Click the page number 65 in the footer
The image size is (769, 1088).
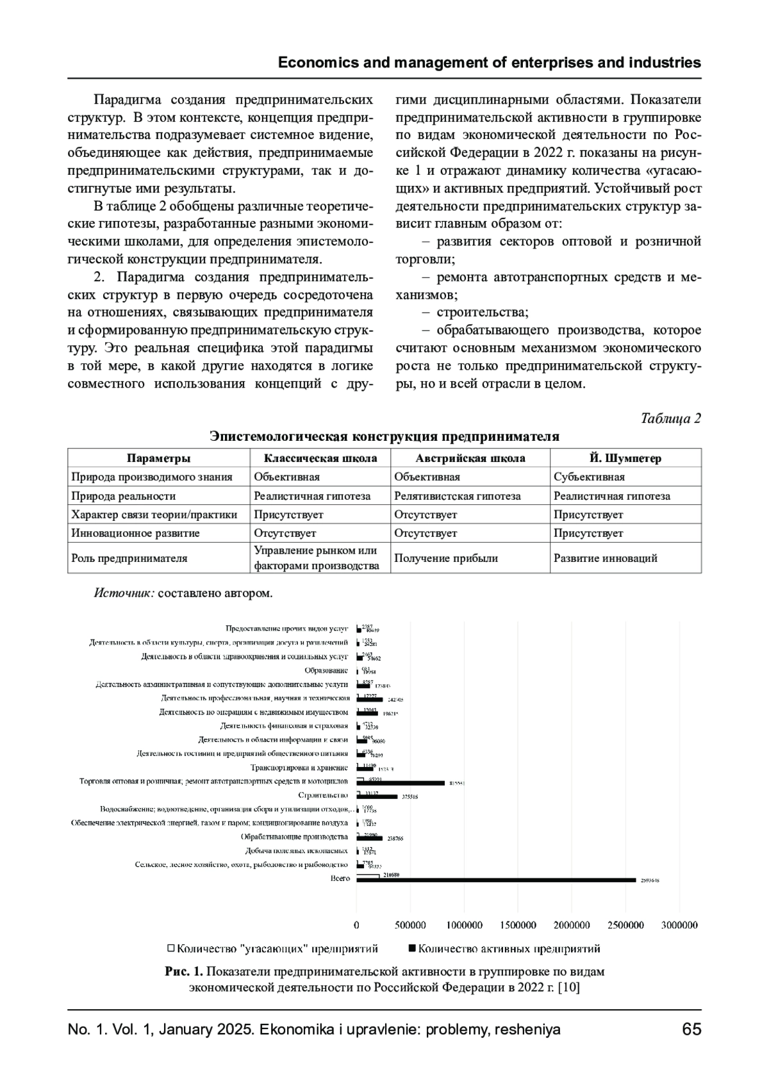(x=691, y=1029)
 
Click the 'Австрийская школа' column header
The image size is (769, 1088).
(x=470, y=458)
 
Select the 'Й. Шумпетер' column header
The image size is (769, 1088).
(x=625, y=458)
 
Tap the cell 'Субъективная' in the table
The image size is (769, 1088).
(x=589, y=477)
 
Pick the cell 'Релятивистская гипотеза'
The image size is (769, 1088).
(x=457, y=496)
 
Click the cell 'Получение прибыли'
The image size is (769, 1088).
(x=446, y=558)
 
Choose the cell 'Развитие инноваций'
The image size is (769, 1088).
(x=606, y=558)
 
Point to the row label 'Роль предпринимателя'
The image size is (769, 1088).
(x=129, y=558)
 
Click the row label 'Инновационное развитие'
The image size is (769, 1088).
(x=135, y=533)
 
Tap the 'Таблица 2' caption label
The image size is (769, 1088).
(x=671, y=418)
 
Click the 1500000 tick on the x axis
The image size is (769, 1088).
(x=518, y=925)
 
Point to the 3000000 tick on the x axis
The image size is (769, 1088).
(x=679, y=925)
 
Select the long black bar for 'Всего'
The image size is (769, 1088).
(x=496, y=880)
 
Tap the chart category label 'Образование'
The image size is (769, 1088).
(x=326, y=670)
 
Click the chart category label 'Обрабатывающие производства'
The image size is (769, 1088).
(x=294, y=837)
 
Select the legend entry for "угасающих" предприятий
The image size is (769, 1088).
(x=272, y=948)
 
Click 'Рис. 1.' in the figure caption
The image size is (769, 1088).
(x=184, y=971)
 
